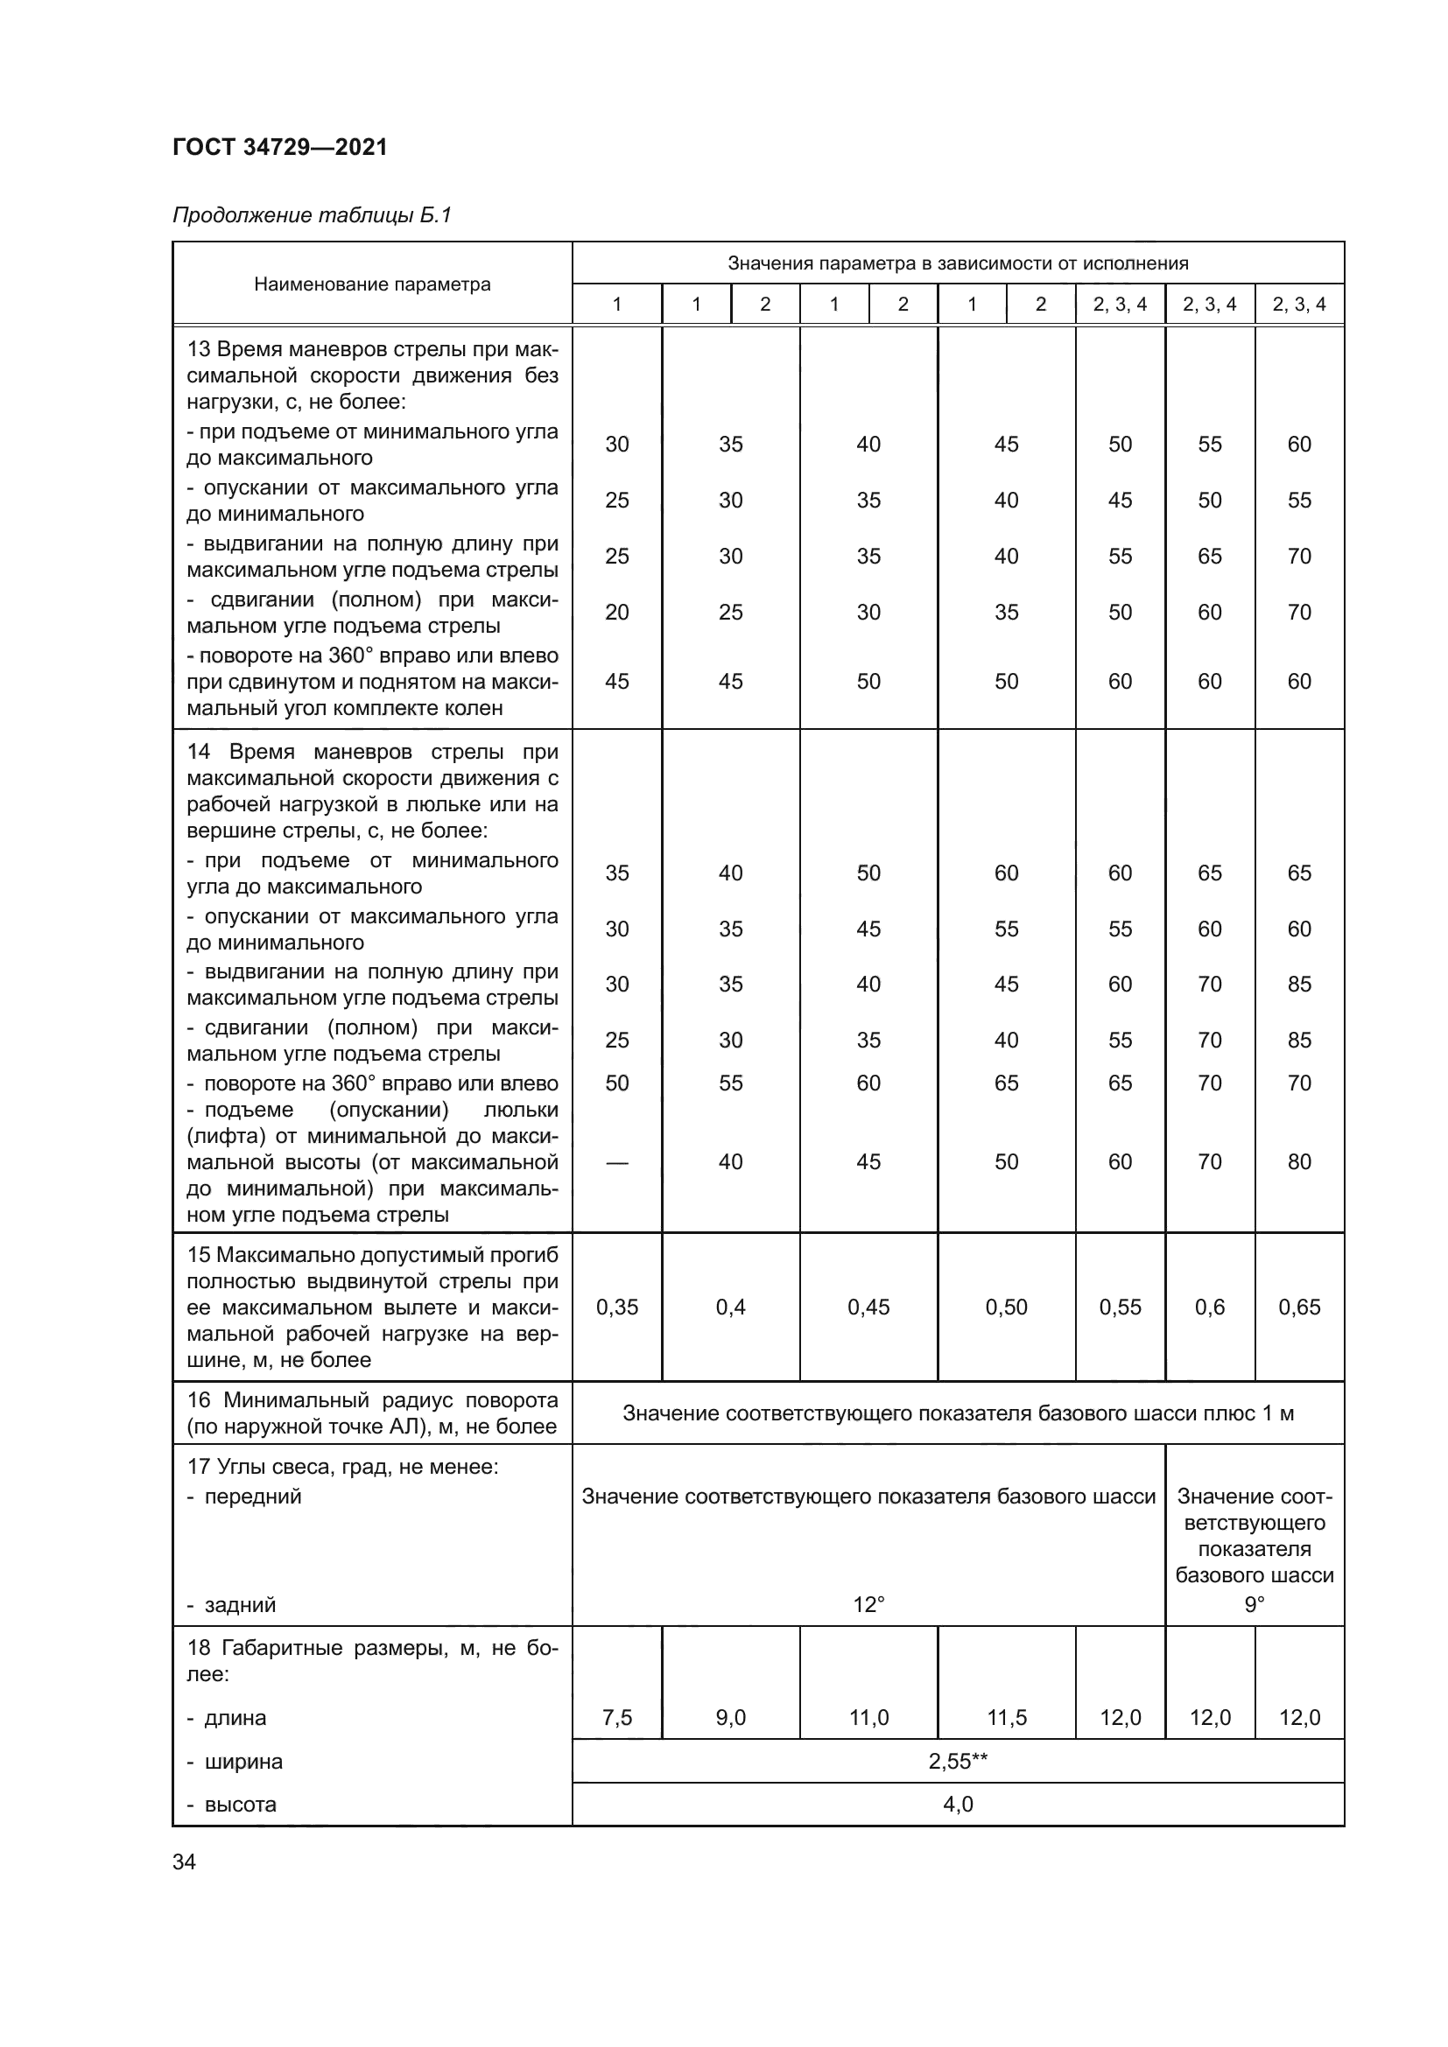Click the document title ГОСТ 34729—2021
[280, 147]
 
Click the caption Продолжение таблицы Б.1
[312, 215]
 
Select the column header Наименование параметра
[372, 284]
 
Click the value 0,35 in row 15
[616, 1307]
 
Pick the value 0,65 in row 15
[1298, 1307]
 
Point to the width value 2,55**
[958, 1761]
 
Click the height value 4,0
[958, 1804]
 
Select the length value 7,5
[616, 1717]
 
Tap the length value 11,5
[1007, 1717]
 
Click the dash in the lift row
[616, 1161]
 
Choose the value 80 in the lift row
[1298, 1161]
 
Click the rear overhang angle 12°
[868, 1605]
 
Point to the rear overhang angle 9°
[1254, 1605]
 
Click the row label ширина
[243, 1762]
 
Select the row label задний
[240, 1605]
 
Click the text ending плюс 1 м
[958, 1413]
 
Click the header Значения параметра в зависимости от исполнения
[958, 263]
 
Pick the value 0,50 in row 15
[1007, 1307]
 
